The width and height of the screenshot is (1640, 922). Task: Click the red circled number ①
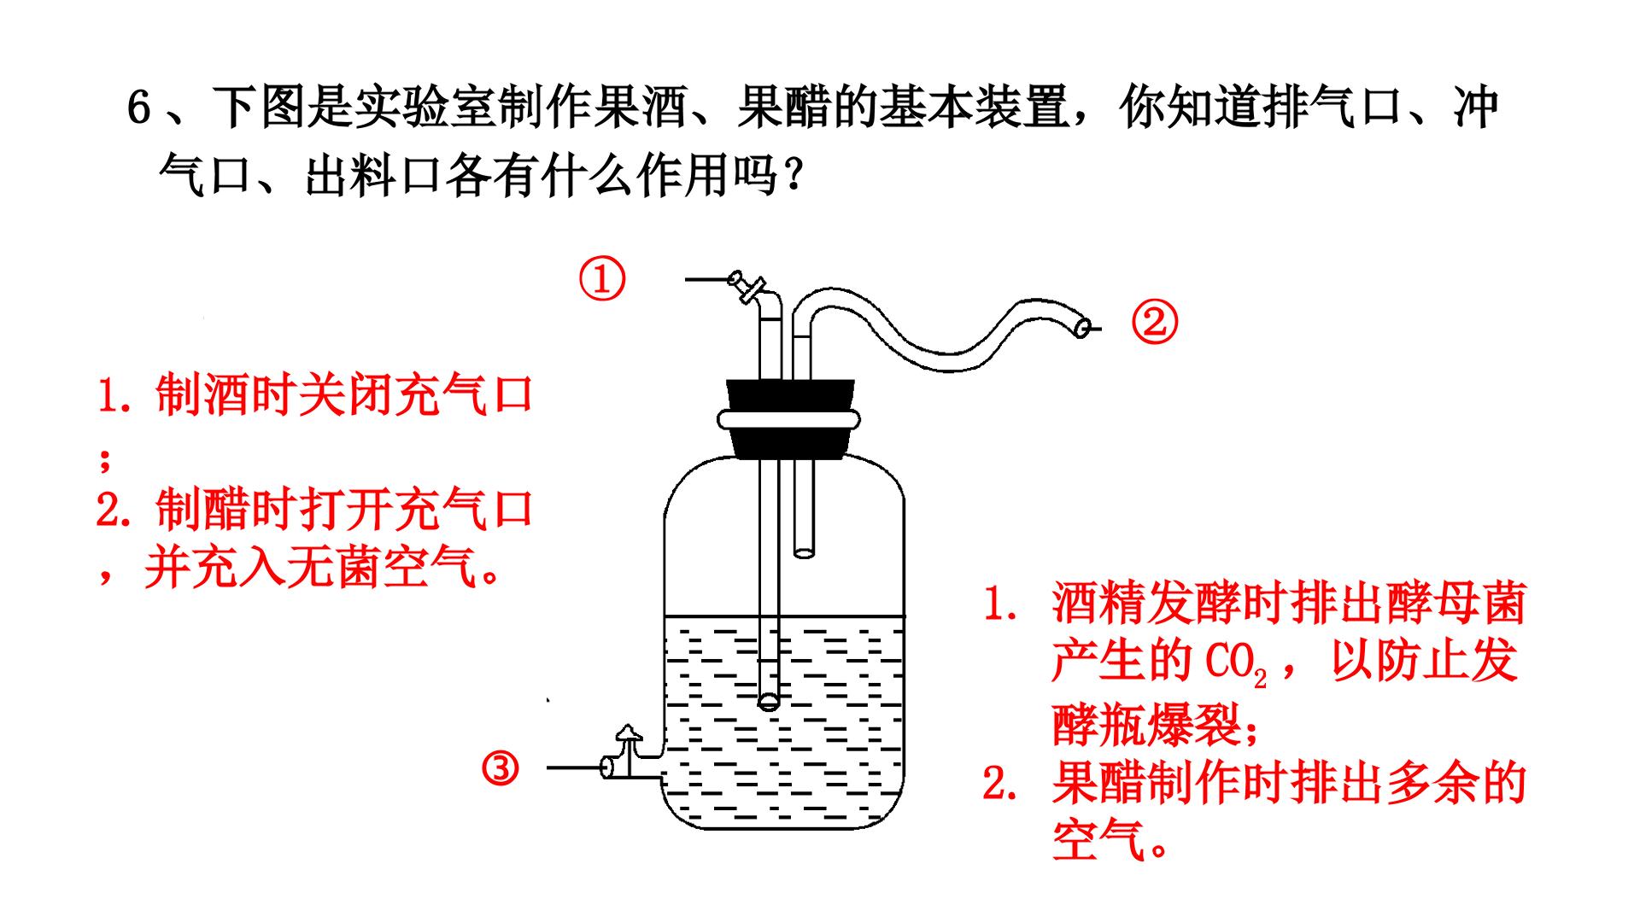click(x=602, y=280)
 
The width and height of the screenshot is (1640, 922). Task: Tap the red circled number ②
click(x=1155, y=324)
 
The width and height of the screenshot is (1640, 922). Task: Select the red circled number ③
click(x=501, y=769)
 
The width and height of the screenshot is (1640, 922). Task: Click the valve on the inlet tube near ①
click(x=747, y=286)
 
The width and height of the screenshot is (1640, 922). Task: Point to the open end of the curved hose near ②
click(x=1082, y=326)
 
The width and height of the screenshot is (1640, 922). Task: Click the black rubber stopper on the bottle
click(x=788, y=420)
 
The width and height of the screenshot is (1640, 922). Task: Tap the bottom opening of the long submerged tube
click(x=769, y=702)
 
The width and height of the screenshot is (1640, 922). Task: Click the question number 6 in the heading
click(x=139, y=108)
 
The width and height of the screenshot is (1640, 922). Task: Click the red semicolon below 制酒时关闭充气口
click(x=105, y=459)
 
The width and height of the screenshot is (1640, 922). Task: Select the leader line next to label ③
click(x=575, y=768)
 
